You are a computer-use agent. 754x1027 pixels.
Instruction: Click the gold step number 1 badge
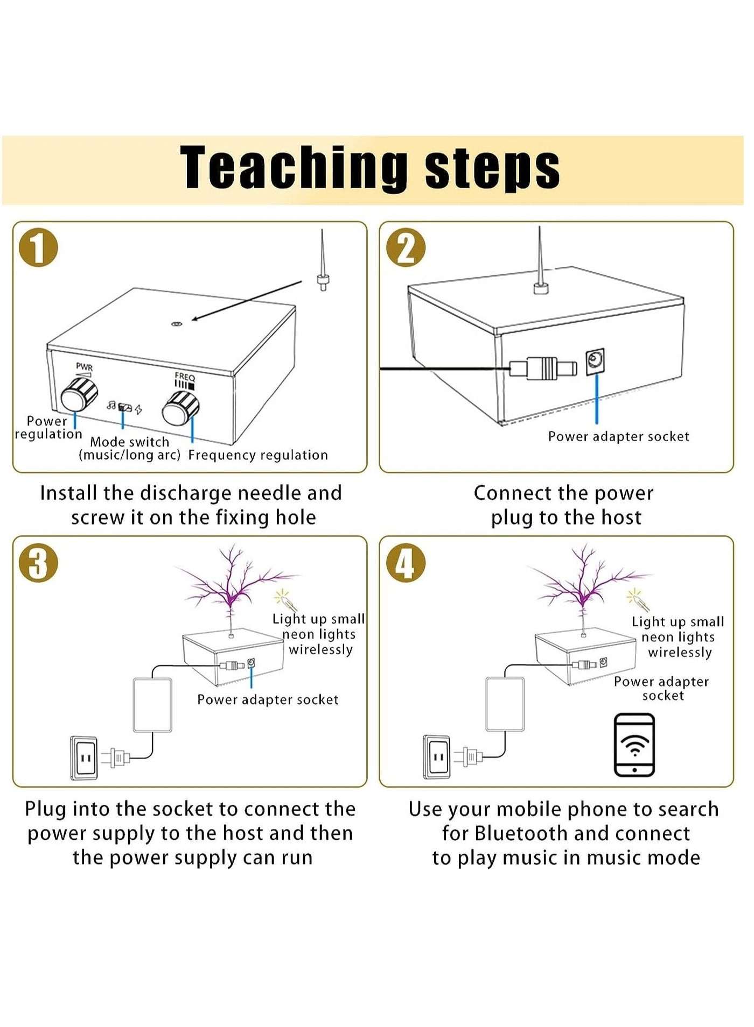point(38,248)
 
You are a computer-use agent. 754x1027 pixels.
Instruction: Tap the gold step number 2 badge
point(406,248)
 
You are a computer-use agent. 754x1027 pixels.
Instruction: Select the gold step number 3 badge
point(38,563)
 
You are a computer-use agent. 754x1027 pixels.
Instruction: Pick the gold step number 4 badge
point(405,563)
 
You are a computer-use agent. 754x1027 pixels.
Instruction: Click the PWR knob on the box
point(79,394)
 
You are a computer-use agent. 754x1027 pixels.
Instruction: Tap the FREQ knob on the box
point(181,408)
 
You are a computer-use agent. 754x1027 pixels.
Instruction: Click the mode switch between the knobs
point(125,407)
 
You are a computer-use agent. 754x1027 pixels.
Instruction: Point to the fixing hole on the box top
point(176,324)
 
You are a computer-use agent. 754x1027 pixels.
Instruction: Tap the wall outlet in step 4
point(437,757)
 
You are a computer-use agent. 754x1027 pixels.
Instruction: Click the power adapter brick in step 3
point(152,705)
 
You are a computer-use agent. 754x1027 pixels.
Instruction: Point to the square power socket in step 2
point(595,360)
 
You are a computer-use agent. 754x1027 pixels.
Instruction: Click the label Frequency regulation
point(258,455)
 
